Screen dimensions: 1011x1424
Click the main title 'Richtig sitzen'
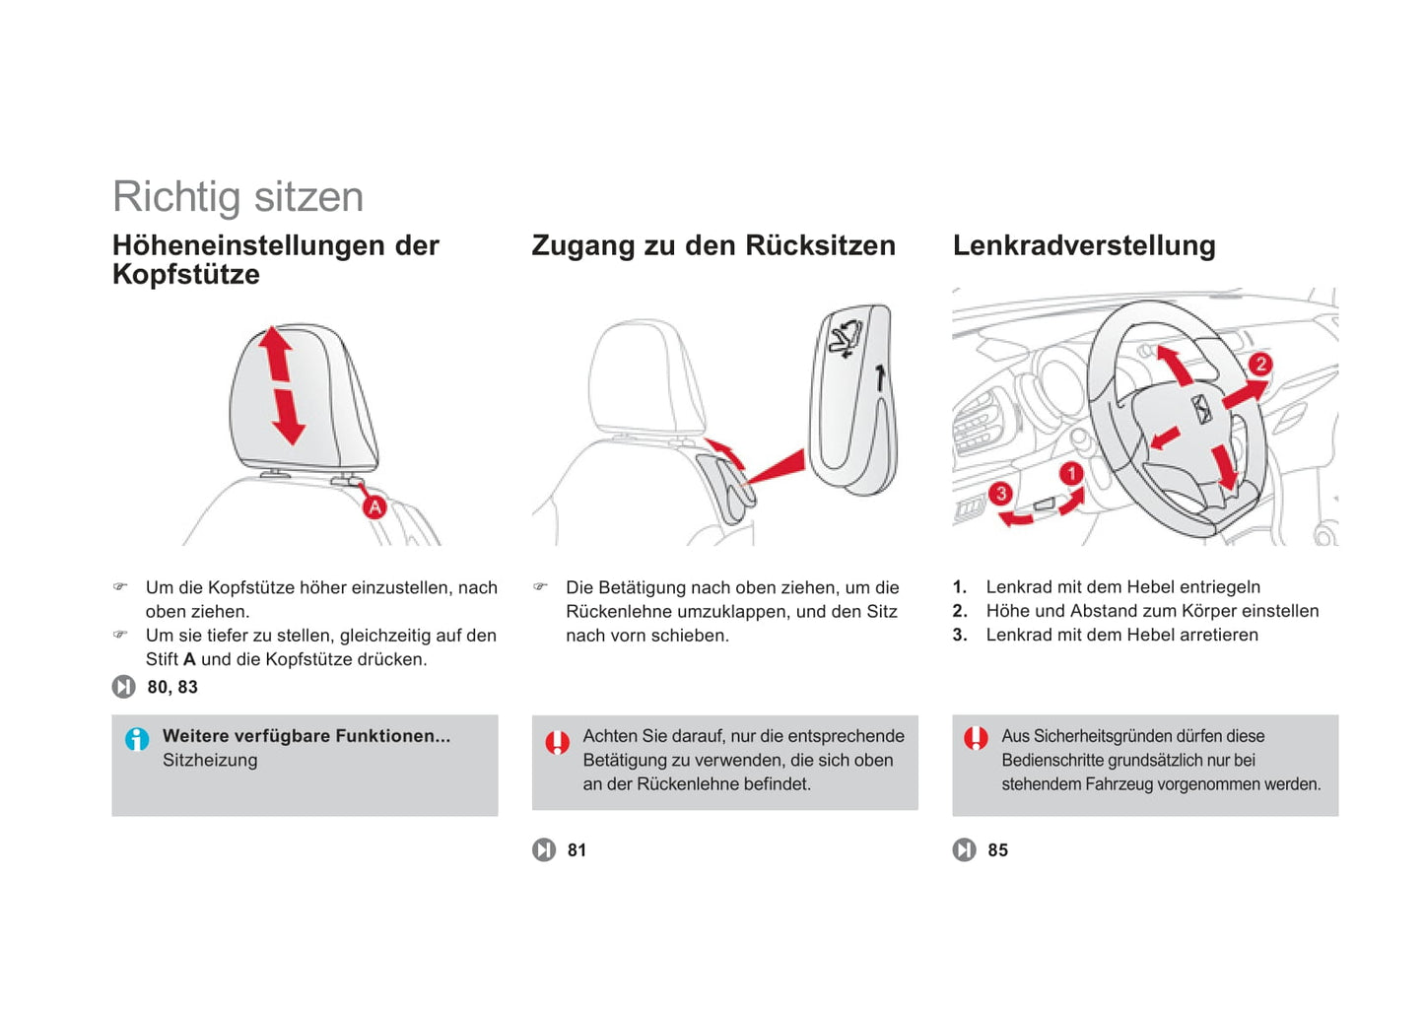click(x=237, y=196)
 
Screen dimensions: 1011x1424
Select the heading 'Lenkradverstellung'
click(x=1083, y=245)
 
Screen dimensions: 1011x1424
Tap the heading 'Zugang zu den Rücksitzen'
click(x=713, y=245)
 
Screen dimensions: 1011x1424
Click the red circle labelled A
click(x=374, y=507)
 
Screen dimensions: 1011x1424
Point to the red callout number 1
click(x=1072, y=474)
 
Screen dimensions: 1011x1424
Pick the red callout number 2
click(x=1259, y=365)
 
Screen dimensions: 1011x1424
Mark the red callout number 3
click(x=1001, y=493)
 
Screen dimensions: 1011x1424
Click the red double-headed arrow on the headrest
click(x=282, y=385)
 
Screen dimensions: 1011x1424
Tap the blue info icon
click(x=137, y=738)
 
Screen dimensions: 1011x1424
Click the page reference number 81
click(x=577, y=850)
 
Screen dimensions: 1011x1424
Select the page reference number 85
click(x=997, y=850)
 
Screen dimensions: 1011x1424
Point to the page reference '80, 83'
click(x=172, y=687)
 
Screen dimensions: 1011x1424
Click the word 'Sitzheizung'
click(x=210, y=760)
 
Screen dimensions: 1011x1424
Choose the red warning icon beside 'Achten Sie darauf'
click(x=557, y=741)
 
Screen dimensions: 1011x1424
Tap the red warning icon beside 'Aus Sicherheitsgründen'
click(x=976, y=738)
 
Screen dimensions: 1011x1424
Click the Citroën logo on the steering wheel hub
click(x=1202, y=409)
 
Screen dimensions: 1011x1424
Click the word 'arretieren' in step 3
click(x=1218, y=635)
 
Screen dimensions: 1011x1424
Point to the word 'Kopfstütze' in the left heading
click(x=186, y=275)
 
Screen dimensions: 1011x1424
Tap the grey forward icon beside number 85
click(x=964, y=849)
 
